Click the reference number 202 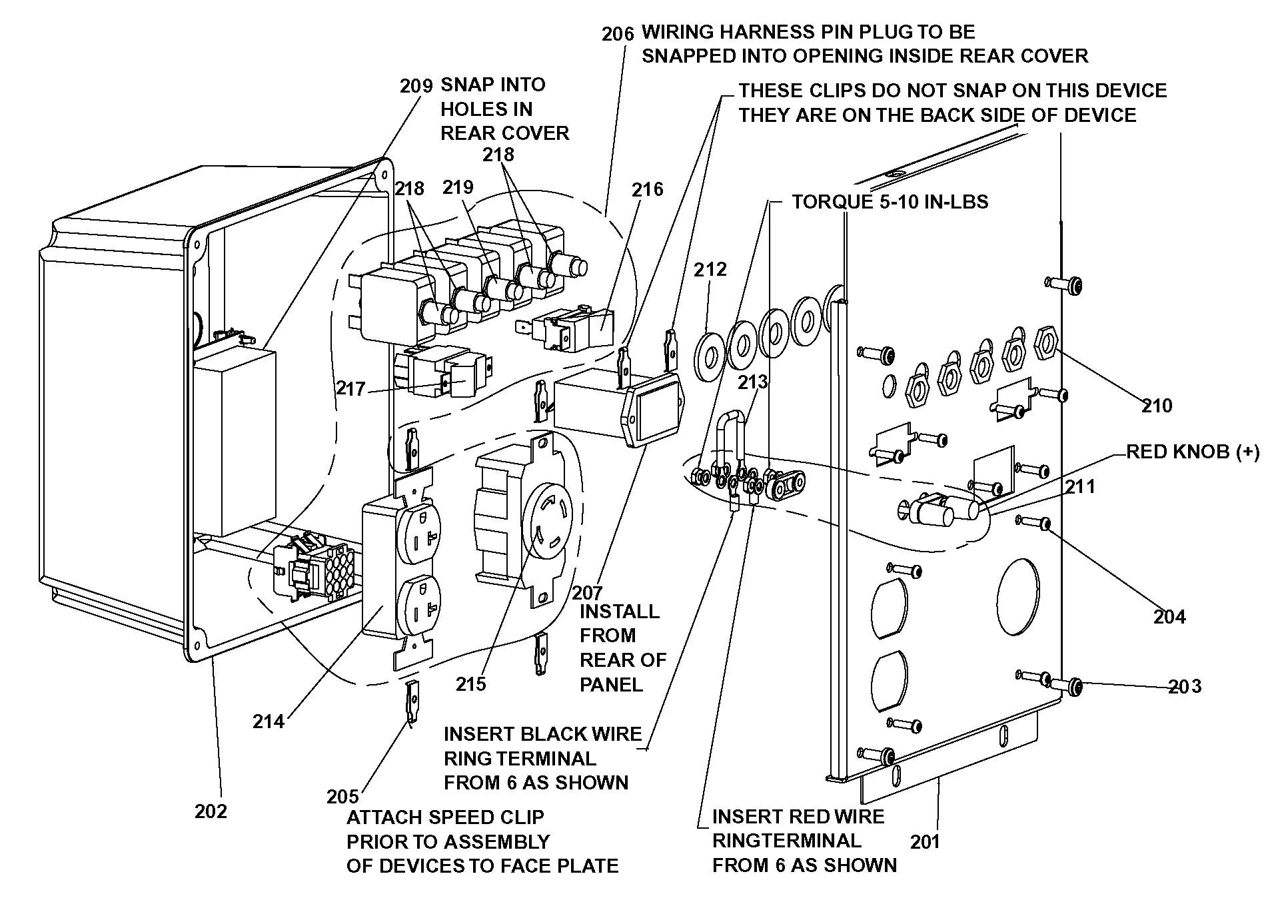point(211,811)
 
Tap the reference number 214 point(269,721)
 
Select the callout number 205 point(342,796)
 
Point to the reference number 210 point(1156,406)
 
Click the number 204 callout point(1169,617)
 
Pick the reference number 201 point(925,842)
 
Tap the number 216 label point(648,190)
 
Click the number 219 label point(458,187)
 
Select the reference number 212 point(710,269)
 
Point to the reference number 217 point(351,388)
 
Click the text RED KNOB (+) point(1193,452)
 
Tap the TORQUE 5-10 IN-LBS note point(890,202)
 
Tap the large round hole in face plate point(1018,596)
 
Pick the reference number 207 point(586,592)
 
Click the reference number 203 point(1185,687)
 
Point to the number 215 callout point(471,684)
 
